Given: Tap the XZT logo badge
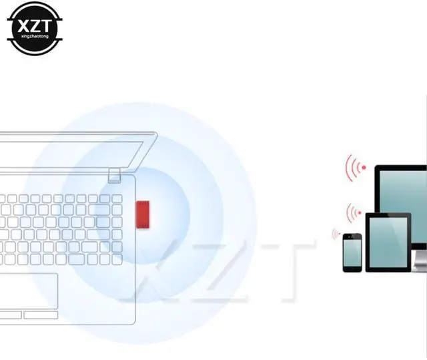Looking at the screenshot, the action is tap(33, 28).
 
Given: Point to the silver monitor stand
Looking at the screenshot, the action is tap(420, 260).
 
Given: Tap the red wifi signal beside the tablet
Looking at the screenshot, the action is tap(354, 213).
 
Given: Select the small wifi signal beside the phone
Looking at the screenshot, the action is tap(336, 234).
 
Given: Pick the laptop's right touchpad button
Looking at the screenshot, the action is tap(42, 315).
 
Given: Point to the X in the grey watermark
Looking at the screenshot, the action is tap(143, 273).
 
